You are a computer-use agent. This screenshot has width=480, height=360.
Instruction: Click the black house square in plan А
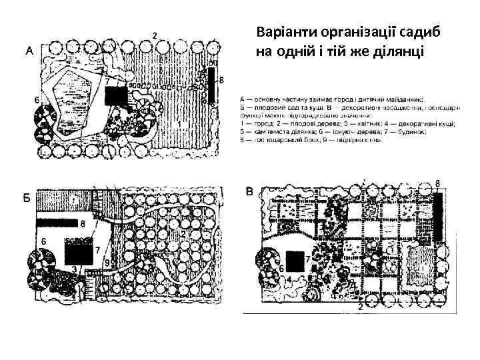(x=117, y=98)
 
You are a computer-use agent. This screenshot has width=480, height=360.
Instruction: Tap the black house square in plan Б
(x=78, y=254)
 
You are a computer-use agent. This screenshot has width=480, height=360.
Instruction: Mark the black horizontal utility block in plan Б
(x=57, y=223)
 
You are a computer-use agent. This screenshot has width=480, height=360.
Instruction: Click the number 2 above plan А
(x=155, y=35)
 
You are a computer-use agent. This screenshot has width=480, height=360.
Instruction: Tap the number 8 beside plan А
(x=221, y=79)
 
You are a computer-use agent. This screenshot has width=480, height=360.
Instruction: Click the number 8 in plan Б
(x=83, y=223)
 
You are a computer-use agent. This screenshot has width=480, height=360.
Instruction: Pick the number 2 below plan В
(x=361, y=307)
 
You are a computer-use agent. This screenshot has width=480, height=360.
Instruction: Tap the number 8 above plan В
(x=437, y=183)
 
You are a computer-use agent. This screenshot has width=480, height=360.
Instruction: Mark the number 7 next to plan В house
(x=307, y=257)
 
